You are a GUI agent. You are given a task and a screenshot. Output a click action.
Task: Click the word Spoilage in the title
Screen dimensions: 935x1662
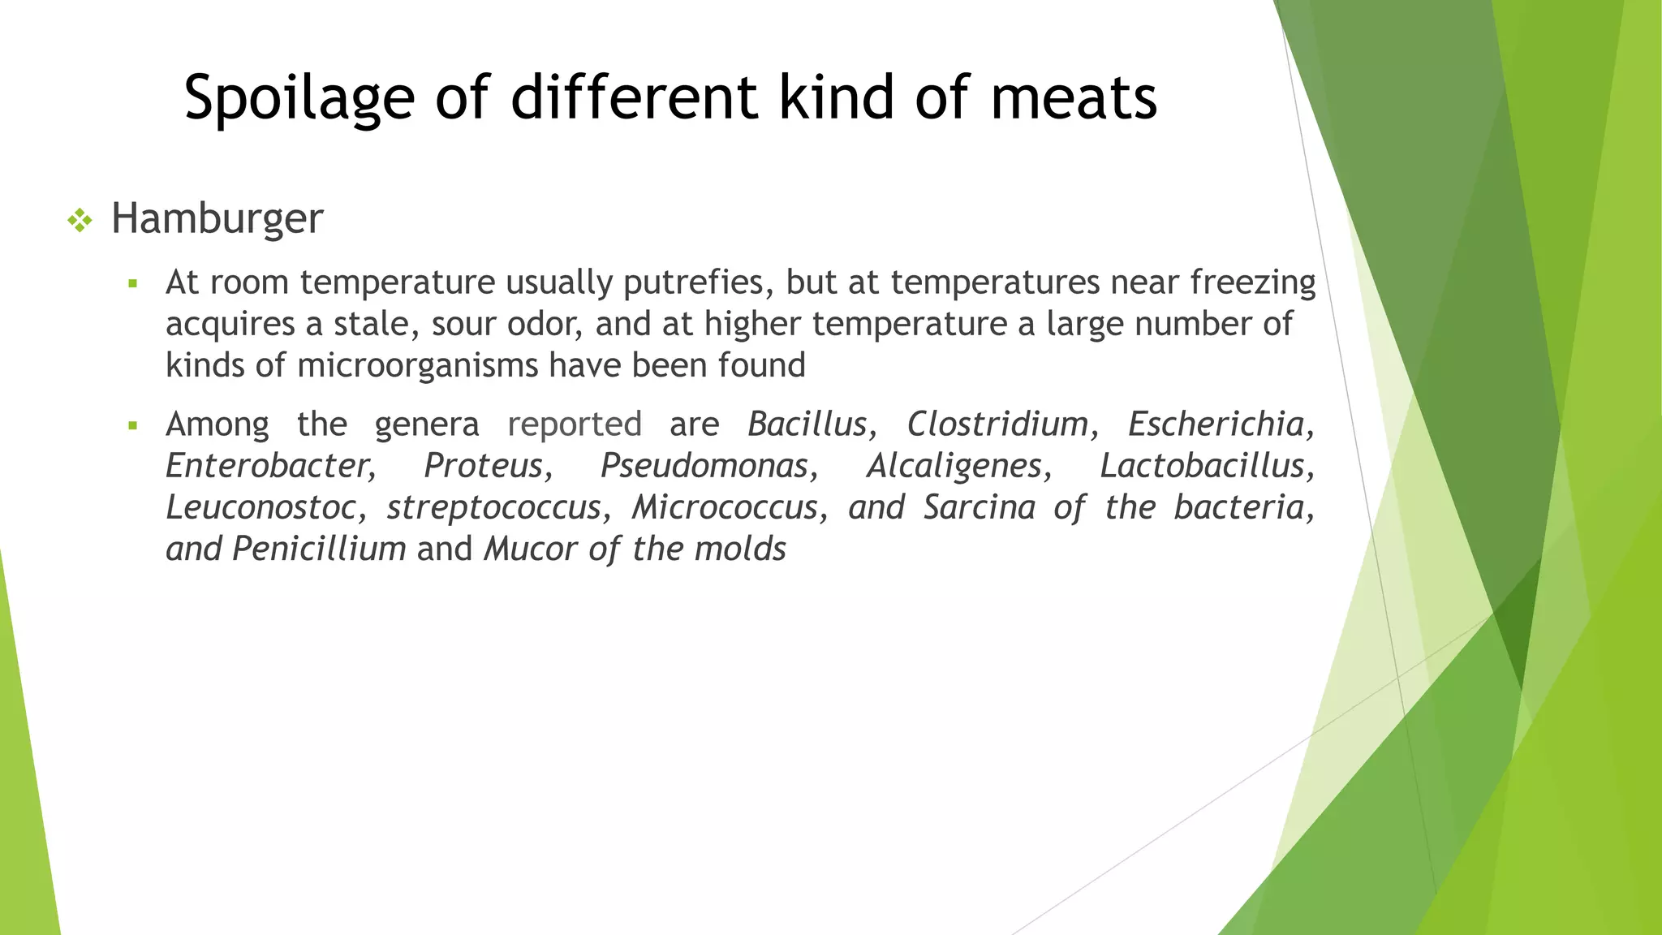click(x=299, y=98)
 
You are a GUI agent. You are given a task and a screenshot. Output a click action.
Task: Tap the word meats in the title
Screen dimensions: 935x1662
click(x=1074, y=98)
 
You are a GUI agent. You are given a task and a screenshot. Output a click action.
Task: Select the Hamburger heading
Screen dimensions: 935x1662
click(x=217, y=218)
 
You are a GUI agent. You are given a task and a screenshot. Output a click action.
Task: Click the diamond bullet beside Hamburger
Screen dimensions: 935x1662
click(x=80, y=220)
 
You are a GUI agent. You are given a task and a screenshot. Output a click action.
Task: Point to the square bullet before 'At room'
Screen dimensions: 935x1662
click(x=133, y=284)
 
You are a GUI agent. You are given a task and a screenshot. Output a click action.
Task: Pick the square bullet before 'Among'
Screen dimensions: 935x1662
click(x=133, y=425)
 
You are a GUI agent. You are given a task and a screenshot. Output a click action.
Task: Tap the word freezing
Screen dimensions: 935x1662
click(x=1253, y=282)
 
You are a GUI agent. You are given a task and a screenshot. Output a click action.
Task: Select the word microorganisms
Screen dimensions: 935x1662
click(x=417, y=365)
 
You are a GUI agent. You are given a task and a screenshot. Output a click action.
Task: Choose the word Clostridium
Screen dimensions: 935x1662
click(x=997, y=424)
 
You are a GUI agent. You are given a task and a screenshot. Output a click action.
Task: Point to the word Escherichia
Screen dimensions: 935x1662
click(x=1216, y=424)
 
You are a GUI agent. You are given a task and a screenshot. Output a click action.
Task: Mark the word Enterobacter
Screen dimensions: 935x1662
click(x=269, y=466)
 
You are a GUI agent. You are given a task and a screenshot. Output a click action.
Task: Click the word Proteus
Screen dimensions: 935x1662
click(x=484, y=466)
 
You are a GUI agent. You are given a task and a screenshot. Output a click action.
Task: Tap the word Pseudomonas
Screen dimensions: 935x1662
click(x=704, y=466)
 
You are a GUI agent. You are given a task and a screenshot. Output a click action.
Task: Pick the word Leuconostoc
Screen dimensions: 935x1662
click(x=260, y=507)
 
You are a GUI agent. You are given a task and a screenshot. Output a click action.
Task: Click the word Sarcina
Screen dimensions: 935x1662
click(x=980, y=507)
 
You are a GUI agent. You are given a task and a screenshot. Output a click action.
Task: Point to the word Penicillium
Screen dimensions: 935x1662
click(x=319, y=549)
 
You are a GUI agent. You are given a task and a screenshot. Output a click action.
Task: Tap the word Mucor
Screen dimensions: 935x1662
click(x=527, y=549)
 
